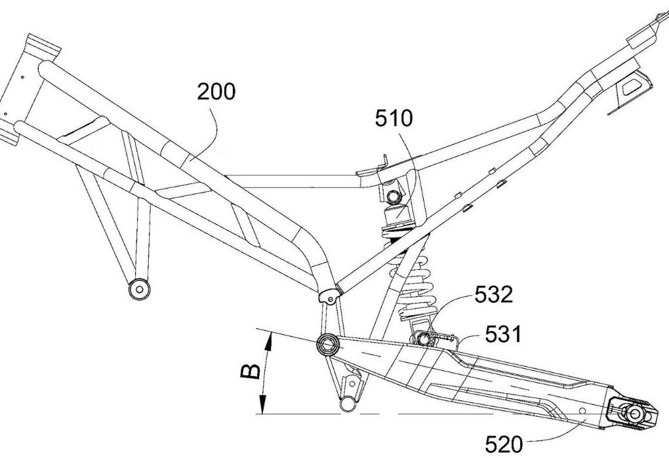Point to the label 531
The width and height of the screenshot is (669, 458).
point(504,335)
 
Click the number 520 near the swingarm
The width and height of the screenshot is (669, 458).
point(504,445)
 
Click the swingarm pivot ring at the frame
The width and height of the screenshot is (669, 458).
point(327,343)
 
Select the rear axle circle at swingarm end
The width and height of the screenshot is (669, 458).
point(634,413)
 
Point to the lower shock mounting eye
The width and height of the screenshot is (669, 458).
point(423,338)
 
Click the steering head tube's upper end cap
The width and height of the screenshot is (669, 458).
point(45,47)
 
